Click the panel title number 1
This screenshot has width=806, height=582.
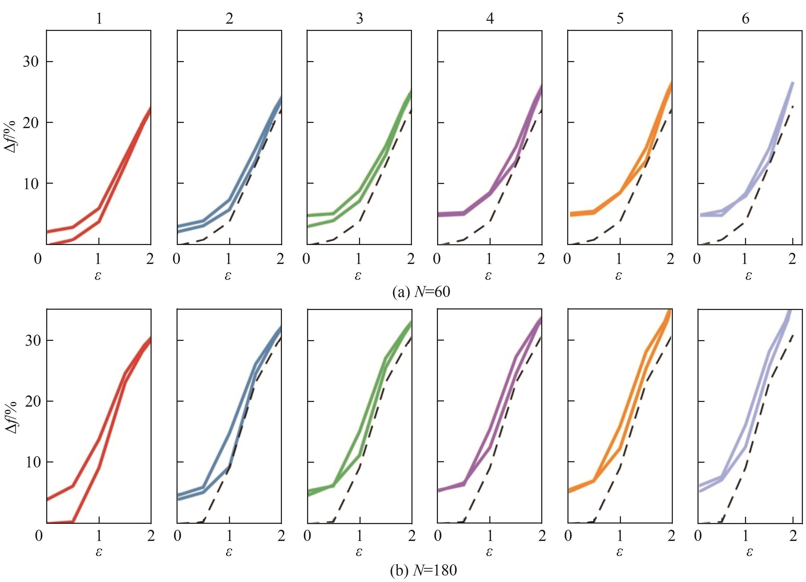pyautogui.click(x=99, y=18)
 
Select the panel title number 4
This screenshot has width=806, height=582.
pyautogui.click(x=490, y=18)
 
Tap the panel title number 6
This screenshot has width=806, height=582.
pyautogui.click(x=746, y=18)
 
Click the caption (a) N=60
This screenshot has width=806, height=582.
pyautogui.click(x=421, y=292)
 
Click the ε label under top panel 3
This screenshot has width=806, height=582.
pyautogui.click(x=358, y=275)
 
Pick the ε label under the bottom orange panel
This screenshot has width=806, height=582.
pyautogui.click(x=619, y=552)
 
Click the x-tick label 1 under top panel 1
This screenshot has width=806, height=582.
pyautogui.click(x=98, y=259)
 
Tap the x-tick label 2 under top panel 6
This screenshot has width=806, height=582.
pyautogui.click(x=792, y=259)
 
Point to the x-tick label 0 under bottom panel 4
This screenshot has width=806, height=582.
pyautogui.click(x=438, y=536)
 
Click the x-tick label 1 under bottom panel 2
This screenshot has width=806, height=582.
pyautogui.click(x=229, y=536)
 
